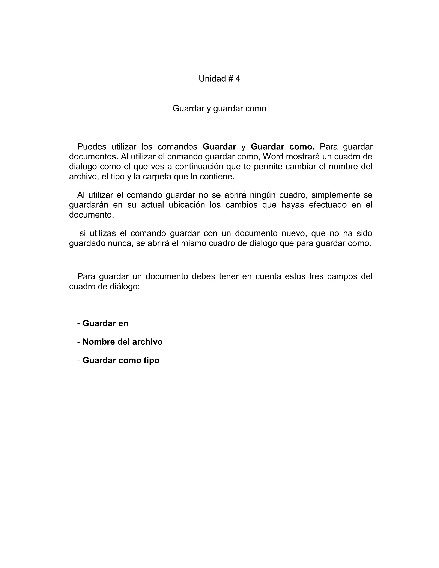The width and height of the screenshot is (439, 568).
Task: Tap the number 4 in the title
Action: (x=238, y=79)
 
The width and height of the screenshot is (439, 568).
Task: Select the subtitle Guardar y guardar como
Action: (x=219, y=108)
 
